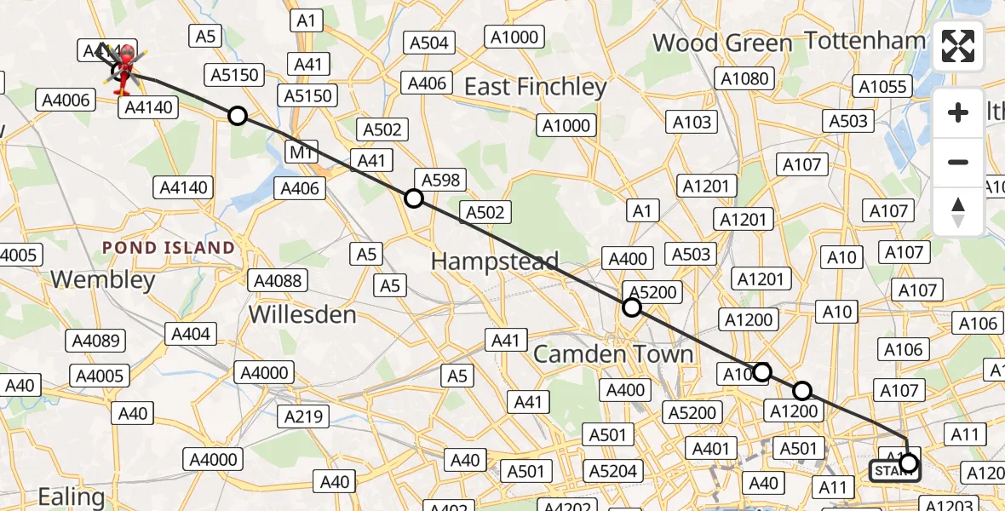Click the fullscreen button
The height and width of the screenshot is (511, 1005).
(x=958, y=46)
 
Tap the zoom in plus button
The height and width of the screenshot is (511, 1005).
(x=958, y=113)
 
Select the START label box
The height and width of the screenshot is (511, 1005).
(x=893, y=471)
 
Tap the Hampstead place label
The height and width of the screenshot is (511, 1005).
(x=495, y=261)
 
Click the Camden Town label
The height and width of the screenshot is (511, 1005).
(x=613, y=354)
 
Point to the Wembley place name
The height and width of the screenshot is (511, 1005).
(x=103, y=279)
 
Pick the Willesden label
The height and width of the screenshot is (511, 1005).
(x=302, y=314)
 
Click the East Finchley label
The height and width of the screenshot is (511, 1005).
(x=535, y=87)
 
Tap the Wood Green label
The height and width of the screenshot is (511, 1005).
(x=722, y=43)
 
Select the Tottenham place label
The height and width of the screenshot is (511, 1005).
(x=864, y=40)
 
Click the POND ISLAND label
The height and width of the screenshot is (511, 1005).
(x=169, y=248)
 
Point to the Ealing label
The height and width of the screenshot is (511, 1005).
(x=72, y=496)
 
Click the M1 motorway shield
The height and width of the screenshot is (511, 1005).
(x=301, y=152)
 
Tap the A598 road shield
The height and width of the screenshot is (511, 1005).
(x=439, y=180)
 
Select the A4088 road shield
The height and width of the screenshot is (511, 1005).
(x=274, y=280)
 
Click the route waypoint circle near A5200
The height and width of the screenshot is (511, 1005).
(x=631, y=307)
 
